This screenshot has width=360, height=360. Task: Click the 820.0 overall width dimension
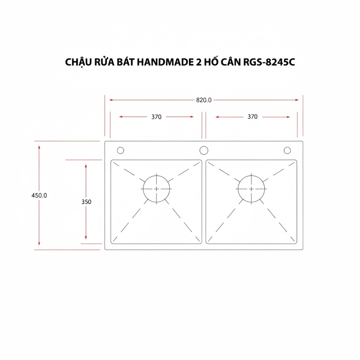pyautogui.click(x=204, y=100)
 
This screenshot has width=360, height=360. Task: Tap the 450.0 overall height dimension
pyautogui.click(x=39, y=195)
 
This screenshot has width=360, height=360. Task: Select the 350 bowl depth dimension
pyautogui.click(x=86, y=202)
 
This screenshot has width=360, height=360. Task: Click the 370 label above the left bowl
pyautogui.click(x=156, y=117)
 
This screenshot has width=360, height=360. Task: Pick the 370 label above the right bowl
pyautogui.click(x=252, y=117)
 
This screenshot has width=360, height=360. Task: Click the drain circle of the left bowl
pyautogui.click(x=156, y=189)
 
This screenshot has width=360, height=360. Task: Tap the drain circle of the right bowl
pyautogui.click(x=251, y=189)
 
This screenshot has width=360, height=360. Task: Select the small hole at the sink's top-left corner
pyautogui.click(x=120, y=150)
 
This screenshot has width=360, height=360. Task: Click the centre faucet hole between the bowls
pyautogui.click(x=204, y=150)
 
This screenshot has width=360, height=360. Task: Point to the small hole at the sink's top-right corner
pyautogui.click(x=287, y=150)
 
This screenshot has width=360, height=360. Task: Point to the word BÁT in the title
pyautogui.click(x=125, y=62)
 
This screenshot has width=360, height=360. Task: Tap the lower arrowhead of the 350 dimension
pyautogui.click(x=86, y=238)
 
